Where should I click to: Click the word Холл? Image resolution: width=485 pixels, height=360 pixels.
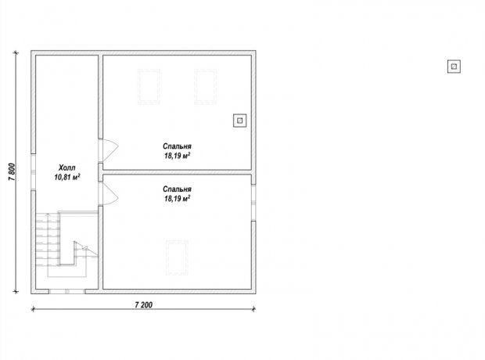(x=66, y=167)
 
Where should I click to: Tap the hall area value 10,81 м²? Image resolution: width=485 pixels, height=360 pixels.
(x=67, y=177)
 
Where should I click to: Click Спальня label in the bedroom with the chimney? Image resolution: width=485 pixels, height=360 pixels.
(x=177, y=146)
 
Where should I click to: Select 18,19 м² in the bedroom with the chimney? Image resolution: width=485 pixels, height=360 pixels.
(x=177, y=156)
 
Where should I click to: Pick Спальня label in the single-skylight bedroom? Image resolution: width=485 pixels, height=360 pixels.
(x=177, y=189)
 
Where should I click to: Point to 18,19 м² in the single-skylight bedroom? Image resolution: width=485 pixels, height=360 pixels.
(x=177, y=198)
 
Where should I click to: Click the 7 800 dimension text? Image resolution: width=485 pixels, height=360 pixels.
(x=12, y=172)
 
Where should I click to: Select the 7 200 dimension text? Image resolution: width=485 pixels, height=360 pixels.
(x=144, y=305)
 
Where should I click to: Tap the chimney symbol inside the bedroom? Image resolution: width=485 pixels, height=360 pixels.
(x=239, y=121)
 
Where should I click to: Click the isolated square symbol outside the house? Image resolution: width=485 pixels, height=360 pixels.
(x=454, y=67)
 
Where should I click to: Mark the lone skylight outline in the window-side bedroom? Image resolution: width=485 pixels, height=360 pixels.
(x=177, y=257)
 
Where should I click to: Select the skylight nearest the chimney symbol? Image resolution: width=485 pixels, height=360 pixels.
(x=206, y=87)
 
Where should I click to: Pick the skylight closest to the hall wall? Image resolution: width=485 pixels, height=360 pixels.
(x=149, y=87)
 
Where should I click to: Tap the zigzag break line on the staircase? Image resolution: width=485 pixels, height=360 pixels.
(x=85, y=249)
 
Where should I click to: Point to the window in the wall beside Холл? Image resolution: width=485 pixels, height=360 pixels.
(x=33, y=172)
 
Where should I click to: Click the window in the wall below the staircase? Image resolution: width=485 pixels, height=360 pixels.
(x=66, y=291)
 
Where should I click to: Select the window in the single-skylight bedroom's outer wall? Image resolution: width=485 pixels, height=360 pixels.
(x=253, y=203)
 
